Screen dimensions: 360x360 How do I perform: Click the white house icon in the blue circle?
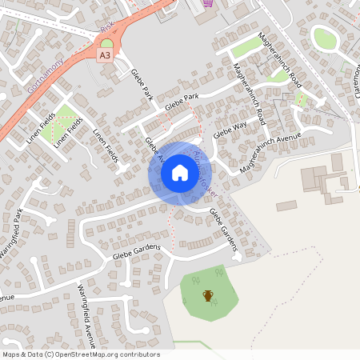pos(180,172)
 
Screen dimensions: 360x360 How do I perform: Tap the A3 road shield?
pos(105,55)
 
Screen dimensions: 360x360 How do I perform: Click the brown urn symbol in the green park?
pos(208,297)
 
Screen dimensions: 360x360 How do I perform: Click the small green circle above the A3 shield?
pos(106,43)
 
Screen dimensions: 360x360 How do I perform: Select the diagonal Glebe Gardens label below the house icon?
pos(224,227)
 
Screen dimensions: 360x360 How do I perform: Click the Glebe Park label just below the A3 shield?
pos(141,84)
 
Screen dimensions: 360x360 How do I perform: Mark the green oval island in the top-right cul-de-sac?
pos(325,38)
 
